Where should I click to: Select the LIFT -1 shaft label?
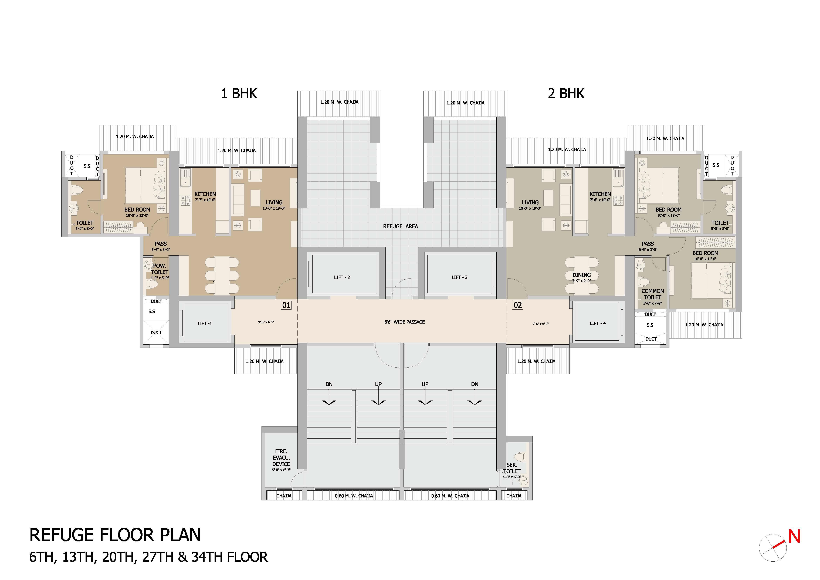point(205,324)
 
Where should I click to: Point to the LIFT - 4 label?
point(598,323)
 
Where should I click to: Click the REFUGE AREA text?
point(400,226)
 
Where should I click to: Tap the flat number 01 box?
point(286,305)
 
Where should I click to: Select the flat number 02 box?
point(517,305)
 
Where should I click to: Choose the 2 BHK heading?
point(566,94)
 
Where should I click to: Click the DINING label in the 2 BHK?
point(581,275)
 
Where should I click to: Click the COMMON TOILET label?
point(652,294)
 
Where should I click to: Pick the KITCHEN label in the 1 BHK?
point(205,194)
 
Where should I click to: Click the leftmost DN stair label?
point(329,384)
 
